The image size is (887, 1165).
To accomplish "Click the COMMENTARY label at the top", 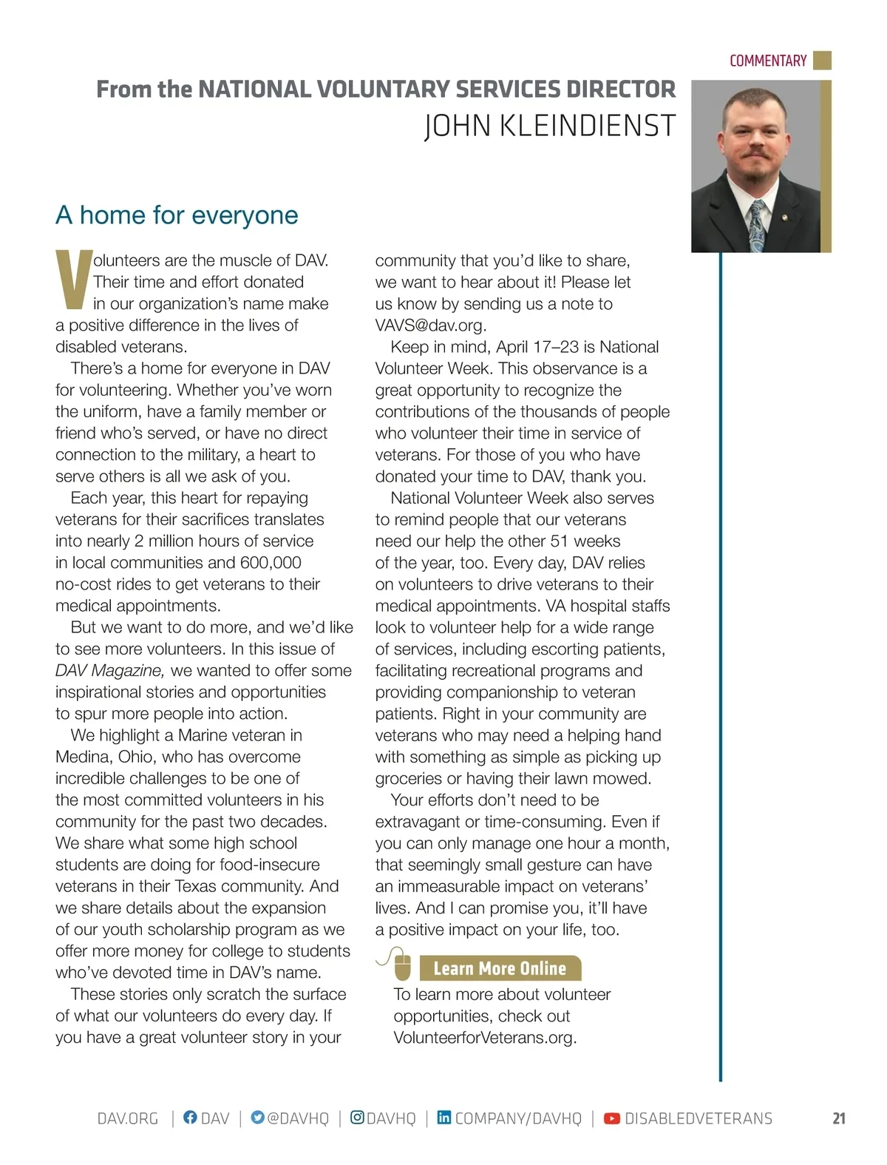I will click(767, 61).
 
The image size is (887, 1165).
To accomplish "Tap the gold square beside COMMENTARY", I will click(822, 60).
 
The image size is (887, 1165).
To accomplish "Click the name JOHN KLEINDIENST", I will click(550, 126).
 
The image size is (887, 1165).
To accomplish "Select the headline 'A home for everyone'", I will click(177, 215).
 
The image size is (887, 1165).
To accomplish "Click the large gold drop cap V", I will click(73, 280).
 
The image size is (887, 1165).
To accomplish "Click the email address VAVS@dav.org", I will click(430, 325).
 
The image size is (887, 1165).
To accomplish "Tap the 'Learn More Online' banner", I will click(500, 968).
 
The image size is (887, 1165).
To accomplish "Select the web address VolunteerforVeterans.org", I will click(485, 1037).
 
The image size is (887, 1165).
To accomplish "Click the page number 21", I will click(839, 1118).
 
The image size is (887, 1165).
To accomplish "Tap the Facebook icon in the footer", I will click(190, 1118).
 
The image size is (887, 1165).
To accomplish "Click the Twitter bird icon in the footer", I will click(257, 1118).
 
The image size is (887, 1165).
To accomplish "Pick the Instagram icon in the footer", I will click(357, 1118).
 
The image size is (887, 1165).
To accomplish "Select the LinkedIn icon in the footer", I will click(443, 1118).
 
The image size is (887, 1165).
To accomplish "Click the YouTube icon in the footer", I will click(612, 1118).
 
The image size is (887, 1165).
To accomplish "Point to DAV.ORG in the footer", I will click(128, 1118).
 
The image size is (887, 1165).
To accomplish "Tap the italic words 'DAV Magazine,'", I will click(110, 670).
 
